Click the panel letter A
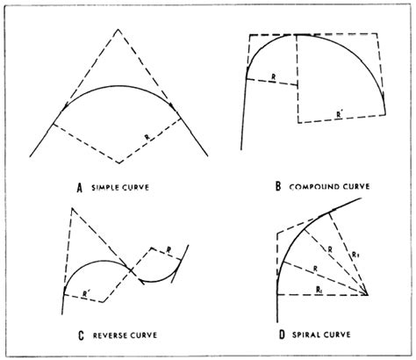[79, 188]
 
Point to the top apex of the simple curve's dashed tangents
[118, 29]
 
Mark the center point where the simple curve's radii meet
[118, 162]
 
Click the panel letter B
[278, 186]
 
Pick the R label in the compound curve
[274, 77]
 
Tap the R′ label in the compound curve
[339, 115]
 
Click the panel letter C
[81, 335]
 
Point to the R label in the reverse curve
[169, 250]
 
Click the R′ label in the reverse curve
[85, 294]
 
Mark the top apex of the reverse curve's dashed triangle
[72, 208]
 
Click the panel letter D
[282, 335]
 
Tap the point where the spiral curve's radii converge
[367, 294]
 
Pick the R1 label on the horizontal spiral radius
[319, 290]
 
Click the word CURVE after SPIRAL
[338, 335]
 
